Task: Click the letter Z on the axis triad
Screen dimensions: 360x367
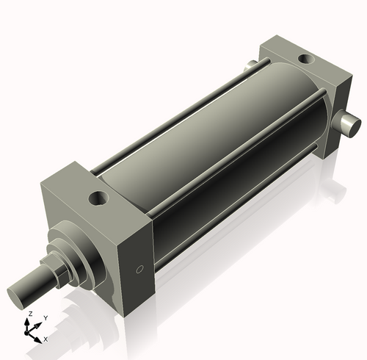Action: coord(29,314)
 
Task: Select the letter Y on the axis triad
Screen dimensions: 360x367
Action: coord(45,317)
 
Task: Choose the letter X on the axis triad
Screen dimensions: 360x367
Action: coord(46,339)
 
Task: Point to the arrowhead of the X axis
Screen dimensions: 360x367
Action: coord(39,338)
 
